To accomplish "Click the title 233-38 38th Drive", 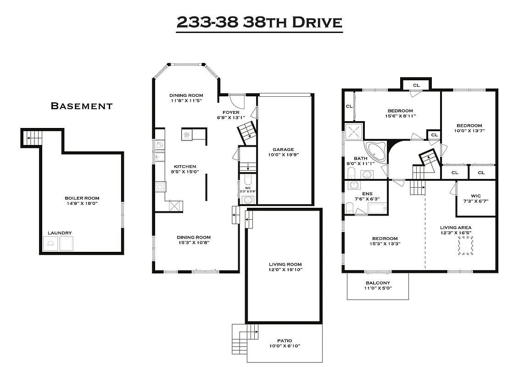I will tap(259, 22).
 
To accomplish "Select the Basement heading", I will tap(81, 106).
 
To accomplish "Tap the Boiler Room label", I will tap(82, 198).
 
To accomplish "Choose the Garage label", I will tap(283, 149).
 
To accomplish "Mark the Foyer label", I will tap(231, 112).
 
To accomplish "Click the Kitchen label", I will tap(185, 167).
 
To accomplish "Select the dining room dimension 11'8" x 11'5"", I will tap(186, 100).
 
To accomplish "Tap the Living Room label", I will tap(285, 264).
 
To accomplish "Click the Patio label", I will tap(285, 340).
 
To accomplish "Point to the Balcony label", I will tap(378, 283).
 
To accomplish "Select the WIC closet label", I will tap(475, 195).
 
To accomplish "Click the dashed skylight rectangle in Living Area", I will tap(466, 246).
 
